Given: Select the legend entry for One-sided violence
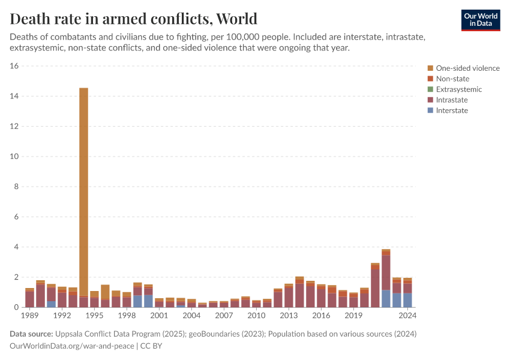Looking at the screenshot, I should (467, 68).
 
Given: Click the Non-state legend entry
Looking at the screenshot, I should (452, 79).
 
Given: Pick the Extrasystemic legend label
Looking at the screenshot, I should (458, 89).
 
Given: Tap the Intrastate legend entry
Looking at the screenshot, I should (451, 100).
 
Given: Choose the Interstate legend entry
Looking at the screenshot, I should (451, 110).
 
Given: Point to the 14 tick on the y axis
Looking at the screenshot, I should (15, 96).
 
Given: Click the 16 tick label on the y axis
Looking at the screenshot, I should (15, 66).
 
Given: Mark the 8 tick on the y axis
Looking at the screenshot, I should (17, 187).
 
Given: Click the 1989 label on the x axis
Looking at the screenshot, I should (29, 315).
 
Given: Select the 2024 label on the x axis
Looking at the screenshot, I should (407, 315).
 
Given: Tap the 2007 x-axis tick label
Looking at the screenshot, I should (224, 315).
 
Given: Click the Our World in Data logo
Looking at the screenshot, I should (480, 20).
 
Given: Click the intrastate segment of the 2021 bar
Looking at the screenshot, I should (375, 288).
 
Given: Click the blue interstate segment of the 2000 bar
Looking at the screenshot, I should (148, 301).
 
